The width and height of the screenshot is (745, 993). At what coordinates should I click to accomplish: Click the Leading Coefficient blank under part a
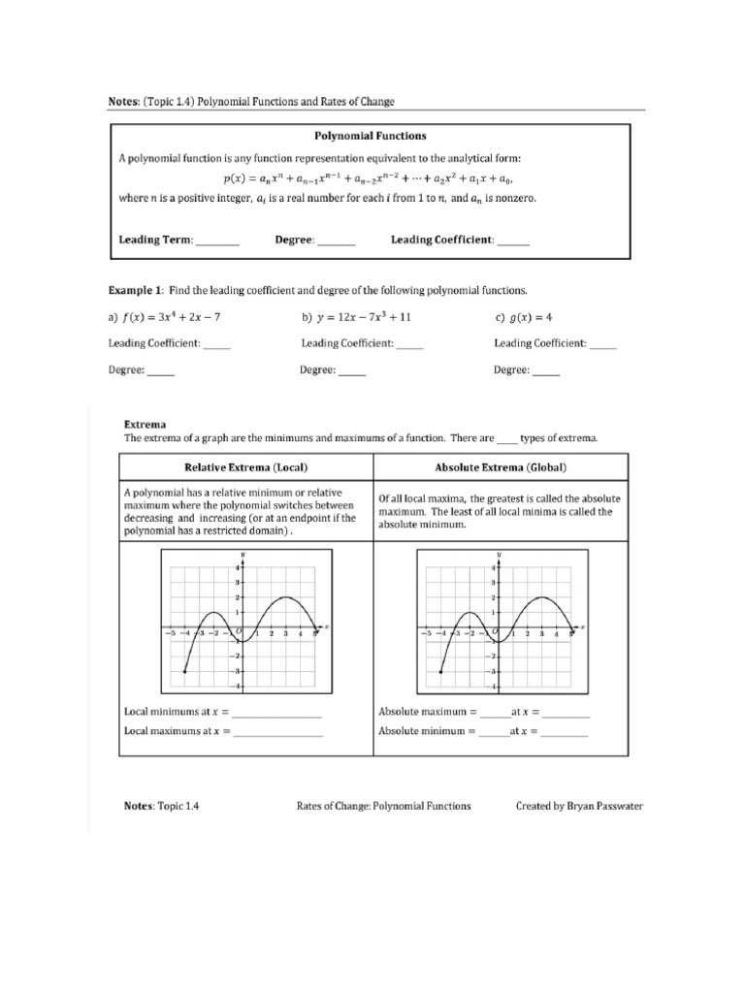tap(217, 343)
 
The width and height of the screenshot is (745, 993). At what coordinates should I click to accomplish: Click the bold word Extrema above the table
tap(146, 424)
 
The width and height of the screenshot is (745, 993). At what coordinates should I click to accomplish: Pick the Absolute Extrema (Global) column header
tap(501, 467)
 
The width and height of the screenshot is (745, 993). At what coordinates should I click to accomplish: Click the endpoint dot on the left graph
tap(184, 671)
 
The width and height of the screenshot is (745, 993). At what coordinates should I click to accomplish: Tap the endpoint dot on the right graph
tap(440, 671)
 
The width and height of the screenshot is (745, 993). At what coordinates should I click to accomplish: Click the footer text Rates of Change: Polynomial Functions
tap(384, 806)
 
